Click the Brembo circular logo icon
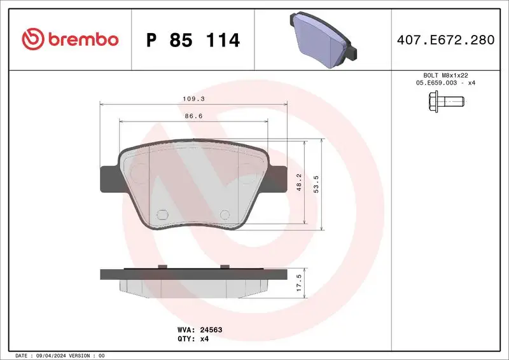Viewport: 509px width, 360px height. coord(32,39)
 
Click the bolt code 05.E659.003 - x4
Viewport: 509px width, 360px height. coord(445,83)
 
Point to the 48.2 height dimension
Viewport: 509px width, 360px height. coord(299,184)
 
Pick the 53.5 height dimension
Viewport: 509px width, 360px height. coord(316,184)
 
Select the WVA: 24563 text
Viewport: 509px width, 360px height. coord(199,330)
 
